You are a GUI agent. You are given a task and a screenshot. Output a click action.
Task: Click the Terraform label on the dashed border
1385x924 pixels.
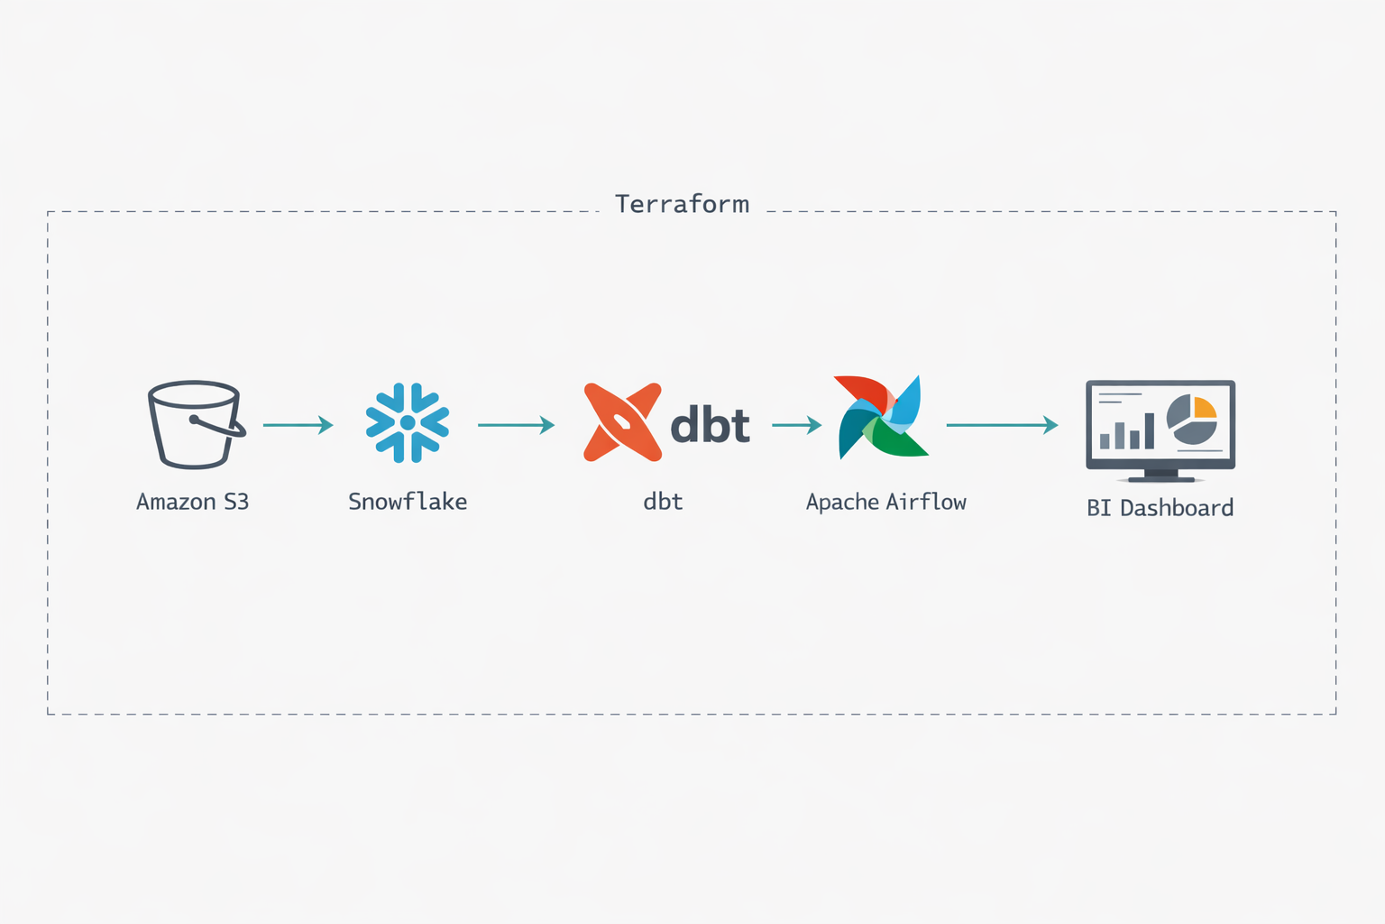point(682,204)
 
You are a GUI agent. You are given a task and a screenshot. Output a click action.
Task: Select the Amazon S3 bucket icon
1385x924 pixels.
point(194,424)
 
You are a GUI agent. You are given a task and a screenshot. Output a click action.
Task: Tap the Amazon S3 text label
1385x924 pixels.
point(192,502)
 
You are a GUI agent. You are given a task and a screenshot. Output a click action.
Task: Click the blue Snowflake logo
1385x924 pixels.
point(408,422)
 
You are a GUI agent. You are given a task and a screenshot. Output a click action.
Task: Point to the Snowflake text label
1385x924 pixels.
point(408,502)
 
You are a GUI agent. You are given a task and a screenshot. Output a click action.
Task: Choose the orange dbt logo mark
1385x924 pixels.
point(622,422)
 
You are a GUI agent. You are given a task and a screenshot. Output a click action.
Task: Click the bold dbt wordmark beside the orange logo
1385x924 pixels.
point(711,425)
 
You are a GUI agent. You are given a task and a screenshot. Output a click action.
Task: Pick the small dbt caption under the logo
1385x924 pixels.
point(663,502)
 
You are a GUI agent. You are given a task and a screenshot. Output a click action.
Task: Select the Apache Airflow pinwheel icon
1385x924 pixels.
point(881,418)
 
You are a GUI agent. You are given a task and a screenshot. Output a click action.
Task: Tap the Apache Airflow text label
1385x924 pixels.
point(885,502)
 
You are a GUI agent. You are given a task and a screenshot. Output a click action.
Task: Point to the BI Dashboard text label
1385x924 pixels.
point(1160,508)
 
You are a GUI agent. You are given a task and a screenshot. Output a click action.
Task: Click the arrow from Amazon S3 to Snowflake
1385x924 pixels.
point(298,424)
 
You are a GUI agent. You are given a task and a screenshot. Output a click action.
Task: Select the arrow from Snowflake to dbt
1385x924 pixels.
point(516,424)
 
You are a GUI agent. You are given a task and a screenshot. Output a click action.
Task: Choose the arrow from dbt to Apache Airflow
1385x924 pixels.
point(797,424)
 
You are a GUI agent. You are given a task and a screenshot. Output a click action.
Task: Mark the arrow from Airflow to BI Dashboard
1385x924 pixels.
point(1002,424)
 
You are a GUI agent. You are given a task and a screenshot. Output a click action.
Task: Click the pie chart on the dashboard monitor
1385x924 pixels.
point(1191,420)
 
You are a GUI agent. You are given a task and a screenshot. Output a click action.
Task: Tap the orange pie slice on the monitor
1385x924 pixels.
point(1205,408)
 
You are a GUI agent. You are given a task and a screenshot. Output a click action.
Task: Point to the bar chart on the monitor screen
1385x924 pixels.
point(1126,432)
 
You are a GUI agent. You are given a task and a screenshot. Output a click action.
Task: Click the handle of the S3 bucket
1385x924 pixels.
point(221,426)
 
